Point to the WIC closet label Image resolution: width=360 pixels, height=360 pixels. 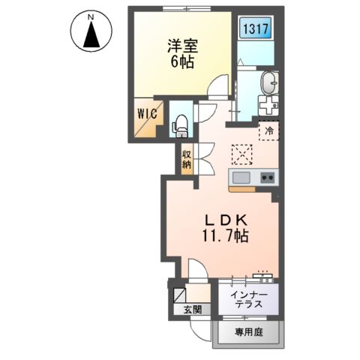(147, 115)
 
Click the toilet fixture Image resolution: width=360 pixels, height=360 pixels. (180, 125)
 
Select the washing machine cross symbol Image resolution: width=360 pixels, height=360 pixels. (268, 106)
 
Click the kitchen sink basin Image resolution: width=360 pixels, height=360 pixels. (241, 178)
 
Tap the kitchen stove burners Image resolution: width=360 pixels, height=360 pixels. (266, 178)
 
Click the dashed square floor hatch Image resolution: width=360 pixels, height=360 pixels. (241, 154)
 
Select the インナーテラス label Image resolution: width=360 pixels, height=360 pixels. (247, 298)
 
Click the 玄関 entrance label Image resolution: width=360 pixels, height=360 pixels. (182, 310)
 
